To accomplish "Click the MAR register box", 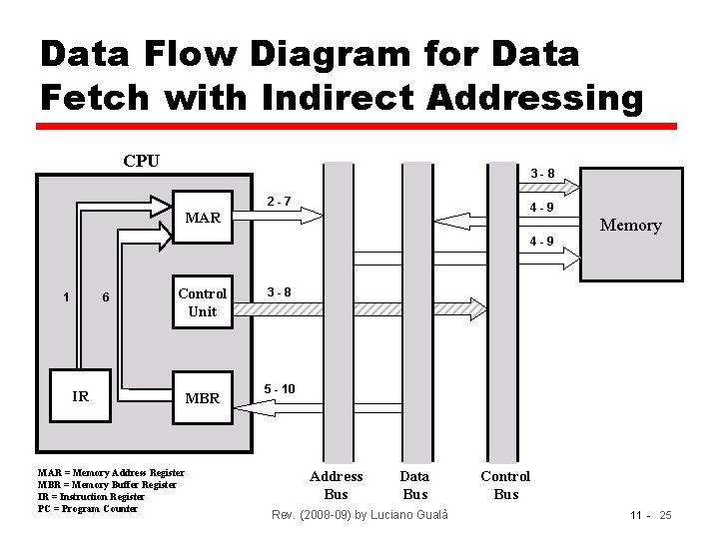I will pos(204,217).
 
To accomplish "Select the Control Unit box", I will pos(202,301).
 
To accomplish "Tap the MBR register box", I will pos(203,397).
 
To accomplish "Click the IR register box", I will pos(81,396).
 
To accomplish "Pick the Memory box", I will pos(630,225).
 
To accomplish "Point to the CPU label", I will pos(141,161).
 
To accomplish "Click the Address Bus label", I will pos(337,485).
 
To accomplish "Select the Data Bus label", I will pos(414,485).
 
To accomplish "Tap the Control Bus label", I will pos(505,485).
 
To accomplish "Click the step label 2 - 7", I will pos(279,203).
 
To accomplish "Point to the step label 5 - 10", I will pos(280,388).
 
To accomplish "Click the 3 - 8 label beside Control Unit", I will pos(279,292).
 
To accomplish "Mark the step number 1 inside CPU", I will pos(66,296).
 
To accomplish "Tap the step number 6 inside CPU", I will pos(106,296).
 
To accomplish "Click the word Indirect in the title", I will pos(325,98).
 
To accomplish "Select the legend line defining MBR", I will pos(107,484).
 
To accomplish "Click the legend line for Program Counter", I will pos(87,508).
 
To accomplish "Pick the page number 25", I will pos(665,515).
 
